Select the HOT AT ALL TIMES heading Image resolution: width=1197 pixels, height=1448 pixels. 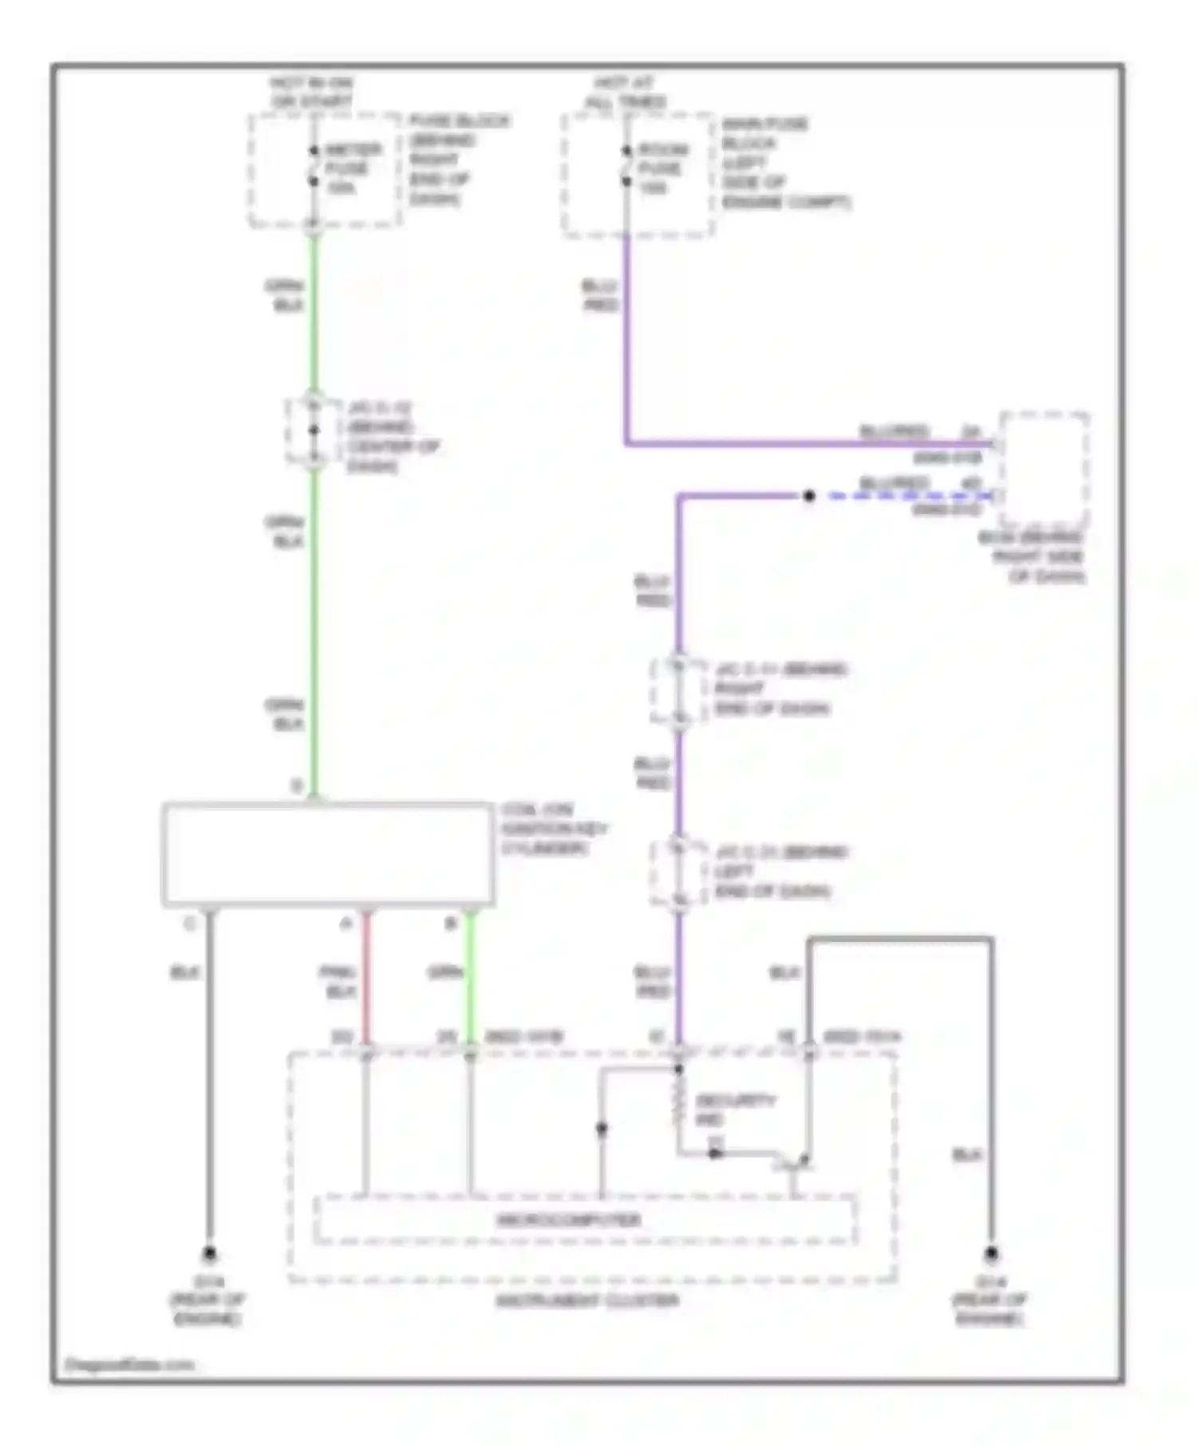point(626,93)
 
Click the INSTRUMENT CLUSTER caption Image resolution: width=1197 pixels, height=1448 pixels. point(587,1301)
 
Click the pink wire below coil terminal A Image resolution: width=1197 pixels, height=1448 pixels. point(366,978)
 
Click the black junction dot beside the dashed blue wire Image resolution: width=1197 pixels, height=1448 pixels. point(808,497)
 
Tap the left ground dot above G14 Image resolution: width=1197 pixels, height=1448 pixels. point(209,1254)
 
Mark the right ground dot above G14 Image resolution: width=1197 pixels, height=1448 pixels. point(991,1254)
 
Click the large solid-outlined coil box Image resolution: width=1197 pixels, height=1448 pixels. point(327,854)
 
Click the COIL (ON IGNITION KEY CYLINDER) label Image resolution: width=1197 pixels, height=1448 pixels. point(554,829)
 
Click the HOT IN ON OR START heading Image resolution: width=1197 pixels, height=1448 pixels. point(312,93)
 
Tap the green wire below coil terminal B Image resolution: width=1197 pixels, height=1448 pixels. point(470,978)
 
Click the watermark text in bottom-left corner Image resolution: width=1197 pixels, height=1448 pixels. point(129,1364)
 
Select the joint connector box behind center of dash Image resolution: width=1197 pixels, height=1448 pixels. point(314,431)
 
